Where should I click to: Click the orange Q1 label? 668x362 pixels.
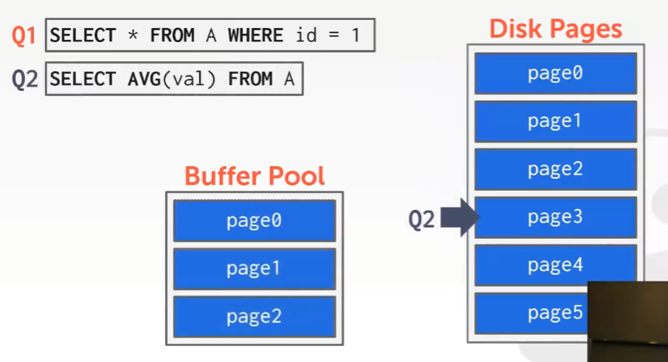pos(24,35)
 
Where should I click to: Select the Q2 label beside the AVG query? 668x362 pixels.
pos(24,79)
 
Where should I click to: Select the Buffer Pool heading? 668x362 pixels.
pos(254,177)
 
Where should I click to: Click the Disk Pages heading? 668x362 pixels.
pos(555,29)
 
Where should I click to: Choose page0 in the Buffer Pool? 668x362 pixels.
pos(254,221)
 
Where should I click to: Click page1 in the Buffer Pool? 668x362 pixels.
pos(254,269)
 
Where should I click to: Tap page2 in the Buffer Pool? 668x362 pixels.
pos(254,317)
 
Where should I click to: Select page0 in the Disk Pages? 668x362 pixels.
pos(555,73)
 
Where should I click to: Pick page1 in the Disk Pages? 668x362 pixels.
pos(555,121)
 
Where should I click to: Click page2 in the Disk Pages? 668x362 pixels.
pos(555,169)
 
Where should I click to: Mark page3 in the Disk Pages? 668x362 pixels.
pos(555,217)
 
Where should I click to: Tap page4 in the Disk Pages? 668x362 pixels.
pos(555,265)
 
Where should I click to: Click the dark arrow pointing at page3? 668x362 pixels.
pos(461,218)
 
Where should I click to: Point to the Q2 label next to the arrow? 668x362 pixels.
pos(422,219)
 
